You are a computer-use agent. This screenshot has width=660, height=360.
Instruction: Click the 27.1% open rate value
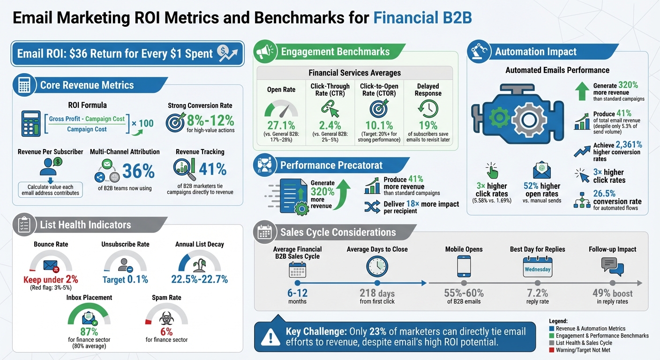(281, 125)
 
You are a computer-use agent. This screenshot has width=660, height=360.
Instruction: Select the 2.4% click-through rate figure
(330, 125)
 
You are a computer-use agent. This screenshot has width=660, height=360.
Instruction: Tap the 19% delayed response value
(427, 125)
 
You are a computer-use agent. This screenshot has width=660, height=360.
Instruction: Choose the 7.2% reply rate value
(537, 293)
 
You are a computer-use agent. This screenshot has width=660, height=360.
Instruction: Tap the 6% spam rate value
(166, 330)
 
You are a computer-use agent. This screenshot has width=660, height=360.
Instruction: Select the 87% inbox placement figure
(89, 330)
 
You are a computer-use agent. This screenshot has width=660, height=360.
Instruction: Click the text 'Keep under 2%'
(51, 280)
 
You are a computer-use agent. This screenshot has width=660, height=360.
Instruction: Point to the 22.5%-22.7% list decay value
(199, 279)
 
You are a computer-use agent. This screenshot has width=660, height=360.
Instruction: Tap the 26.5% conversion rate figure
(604, 193)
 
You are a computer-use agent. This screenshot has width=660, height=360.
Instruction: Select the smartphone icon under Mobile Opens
(464, 267)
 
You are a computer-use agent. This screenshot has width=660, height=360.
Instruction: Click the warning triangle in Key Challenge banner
(270, 337)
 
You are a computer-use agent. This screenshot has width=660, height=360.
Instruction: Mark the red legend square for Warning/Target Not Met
(552, 350)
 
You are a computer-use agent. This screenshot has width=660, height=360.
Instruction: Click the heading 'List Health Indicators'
(85, 225)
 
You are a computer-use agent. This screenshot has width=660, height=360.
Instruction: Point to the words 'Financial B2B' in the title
(422, 17)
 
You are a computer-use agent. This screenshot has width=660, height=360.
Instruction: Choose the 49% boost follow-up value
(612, 293)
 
